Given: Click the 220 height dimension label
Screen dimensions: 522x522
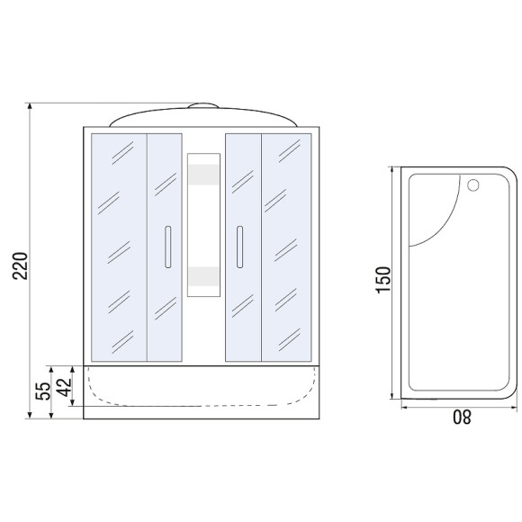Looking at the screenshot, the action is [x=20, y=265].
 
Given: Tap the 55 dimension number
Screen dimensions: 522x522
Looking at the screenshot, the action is [x=43, y=391].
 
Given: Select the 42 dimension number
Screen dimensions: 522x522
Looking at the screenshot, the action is [x=64, y=387].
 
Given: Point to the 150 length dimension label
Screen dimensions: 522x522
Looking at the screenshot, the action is [x=382, y=280].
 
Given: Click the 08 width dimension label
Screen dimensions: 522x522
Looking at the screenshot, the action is [x=462, y=417].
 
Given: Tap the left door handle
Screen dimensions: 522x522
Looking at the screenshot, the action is [x=168, y=247].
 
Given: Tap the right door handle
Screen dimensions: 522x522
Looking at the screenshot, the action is [x=239, y=247].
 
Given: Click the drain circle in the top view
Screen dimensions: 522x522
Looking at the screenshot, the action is [x=472, y=185].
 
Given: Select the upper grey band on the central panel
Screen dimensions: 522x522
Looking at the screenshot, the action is [x=203, y=175].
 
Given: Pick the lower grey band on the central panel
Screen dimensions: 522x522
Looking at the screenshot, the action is [x=203, y=276].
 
